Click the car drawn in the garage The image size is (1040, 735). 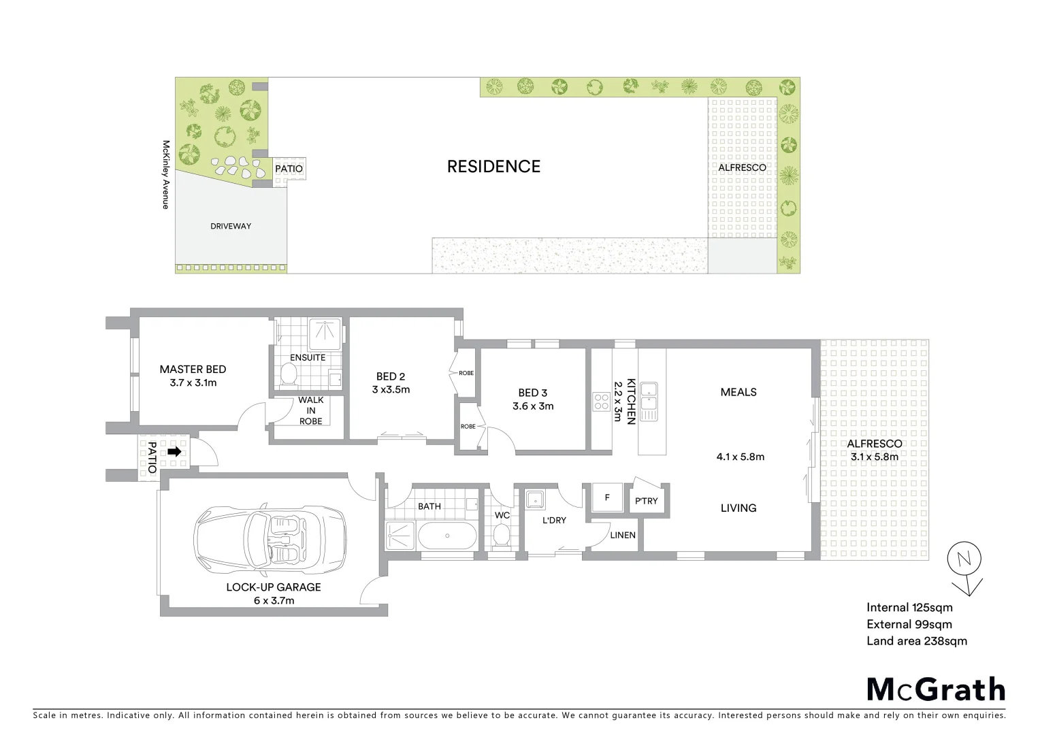tap(270, 537)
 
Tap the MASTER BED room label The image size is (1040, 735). tap(193, 370)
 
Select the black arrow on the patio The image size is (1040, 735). tap(175, 451)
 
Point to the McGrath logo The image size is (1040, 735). tap(936, 689)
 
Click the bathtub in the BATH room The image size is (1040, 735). tap(447, 536)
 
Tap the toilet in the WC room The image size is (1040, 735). tap(502, 535)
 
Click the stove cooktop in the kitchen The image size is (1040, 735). tap(601, 402)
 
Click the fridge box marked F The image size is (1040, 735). tap(607, 497)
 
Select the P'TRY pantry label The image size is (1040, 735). tap(646, 501)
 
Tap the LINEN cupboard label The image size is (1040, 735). tap(623, 535)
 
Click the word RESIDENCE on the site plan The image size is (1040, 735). tap(493, 167)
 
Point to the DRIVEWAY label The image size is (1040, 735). tap(231, 226)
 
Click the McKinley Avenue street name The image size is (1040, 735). tap(165, 174)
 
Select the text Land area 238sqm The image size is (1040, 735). tap(916, 641)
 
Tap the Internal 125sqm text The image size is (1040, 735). tap(909, 608)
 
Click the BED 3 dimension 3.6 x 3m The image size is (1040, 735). tap(533, 406)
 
